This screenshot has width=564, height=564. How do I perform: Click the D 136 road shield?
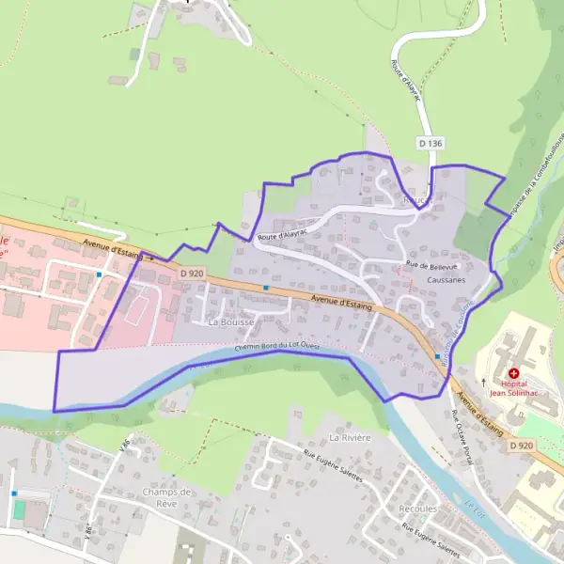[430, 143]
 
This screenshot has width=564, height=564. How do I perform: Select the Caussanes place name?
[446, 280]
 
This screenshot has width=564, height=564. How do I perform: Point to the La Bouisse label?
[229, 321]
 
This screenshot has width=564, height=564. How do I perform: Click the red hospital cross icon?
[514, 373]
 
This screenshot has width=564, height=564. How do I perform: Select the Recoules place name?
[417, 509]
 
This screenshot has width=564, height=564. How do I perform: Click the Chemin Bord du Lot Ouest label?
[277, 348]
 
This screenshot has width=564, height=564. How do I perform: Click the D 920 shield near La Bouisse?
[191, 273]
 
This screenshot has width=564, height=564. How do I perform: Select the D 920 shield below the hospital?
[524, 444]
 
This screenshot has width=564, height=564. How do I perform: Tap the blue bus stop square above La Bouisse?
[266, 287]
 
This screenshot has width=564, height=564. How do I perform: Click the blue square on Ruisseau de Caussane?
[437, 357]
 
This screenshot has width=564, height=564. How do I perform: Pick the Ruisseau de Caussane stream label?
[460, 329]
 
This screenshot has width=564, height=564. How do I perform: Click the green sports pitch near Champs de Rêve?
[20, 509]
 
